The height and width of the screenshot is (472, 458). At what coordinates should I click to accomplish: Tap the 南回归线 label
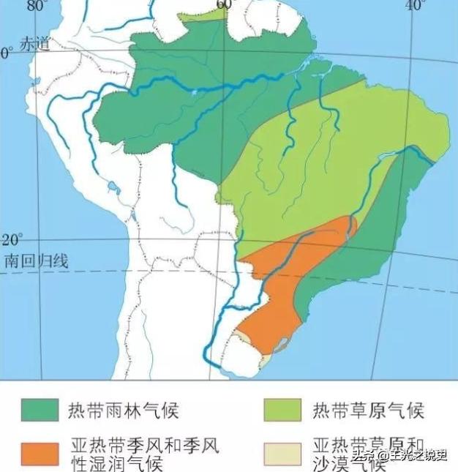click(x=36, y=261)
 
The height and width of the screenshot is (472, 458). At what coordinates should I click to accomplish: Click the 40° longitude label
click(x=416, y=5)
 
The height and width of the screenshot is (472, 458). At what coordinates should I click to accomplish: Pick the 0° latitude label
click(x=7, y=53)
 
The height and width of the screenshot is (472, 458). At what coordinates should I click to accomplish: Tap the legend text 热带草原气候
click(x=368, y=409)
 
